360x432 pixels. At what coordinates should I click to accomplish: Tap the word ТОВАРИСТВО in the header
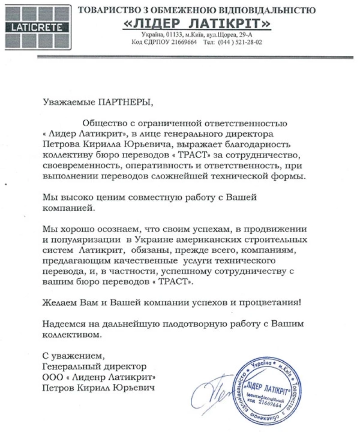point(107,9)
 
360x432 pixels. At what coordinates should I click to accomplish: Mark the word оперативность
point(150,165)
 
